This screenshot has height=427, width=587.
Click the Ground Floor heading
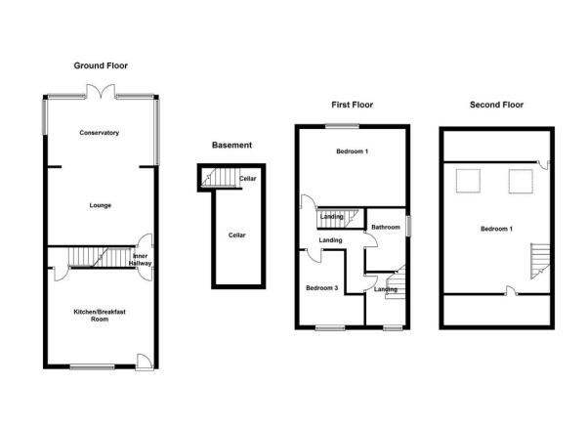point(101,65)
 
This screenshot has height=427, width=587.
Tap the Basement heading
point(231,145)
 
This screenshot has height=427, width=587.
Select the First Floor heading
point(353,105)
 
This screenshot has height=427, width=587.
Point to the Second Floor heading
point(496,105)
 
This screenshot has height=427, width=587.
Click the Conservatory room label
point(100,133)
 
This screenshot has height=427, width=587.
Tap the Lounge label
point(101,205)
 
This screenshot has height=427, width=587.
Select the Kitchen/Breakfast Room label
point(100,316)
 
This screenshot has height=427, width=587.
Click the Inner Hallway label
point(140,260)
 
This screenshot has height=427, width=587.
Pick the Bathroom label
point(386,227)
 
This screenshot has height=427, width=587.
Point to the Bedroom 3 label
point(322,288)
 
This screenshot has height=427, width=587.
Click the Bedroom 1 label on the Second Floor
point(496,229)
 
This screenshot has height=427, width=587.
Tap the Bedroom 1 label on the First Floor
point(353,151)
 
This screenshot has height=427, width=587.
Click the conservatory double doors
point(101,92)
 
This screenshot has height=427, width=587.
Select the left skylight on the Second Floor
point(468,181)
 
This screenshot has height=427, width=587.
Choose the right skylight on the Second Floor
point(521,182)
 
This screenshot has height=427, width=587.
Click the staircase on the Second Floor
point(540,261)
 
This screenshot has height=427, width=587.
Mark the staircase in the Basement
point(221,177)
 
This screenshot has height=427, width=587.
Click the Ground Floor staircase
point(100,257)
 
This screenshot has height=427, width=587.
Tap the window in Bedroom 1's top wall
point(342,126)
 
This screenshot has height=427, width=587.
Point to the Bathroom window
point(409,226)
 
